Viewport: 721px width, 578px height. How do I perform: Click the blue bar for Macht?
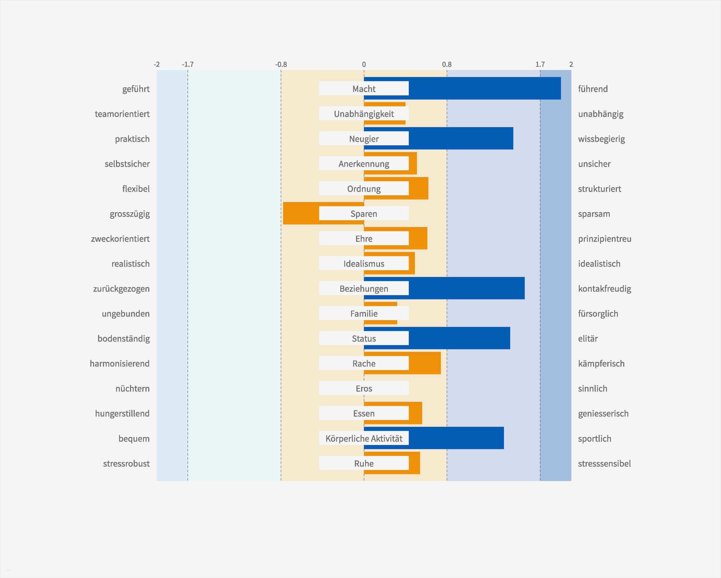pos(485,88)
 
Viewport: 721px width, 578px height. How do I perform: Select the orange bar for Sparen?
pos(301,213)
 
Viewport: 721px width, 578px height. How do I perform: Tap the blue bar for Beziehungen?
pos(467,288)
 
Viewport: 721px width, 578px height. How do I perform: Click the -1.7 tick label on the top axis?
pos(188,64)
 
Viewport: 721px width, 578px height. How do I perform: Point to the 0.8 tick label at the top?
pos(447,64)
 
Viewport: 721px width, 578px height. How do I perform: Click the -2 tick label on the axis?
pos(157,64)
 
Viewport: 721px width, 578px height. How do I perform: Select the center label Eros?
pos(364,388)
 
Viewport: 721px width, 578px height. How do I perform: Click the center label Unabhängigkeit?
pos(364,114)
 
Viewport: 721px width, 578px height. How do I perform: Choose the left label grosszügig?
pos(130,214)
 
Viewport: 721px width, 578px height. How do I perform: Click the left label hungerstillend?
pos(122,413)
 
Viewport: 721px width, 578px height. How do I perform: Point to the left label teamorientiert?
pos(122,114)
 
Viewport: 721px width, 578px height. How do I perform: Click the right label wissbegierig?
pos(601,139)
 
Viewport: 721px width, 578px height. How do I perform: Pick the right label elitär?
pos(588,339)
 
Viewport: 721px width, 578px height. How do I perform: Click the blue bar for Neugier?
pos(461,139)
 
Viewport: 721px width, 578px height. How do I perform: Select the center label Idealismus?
pos(364,264)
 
